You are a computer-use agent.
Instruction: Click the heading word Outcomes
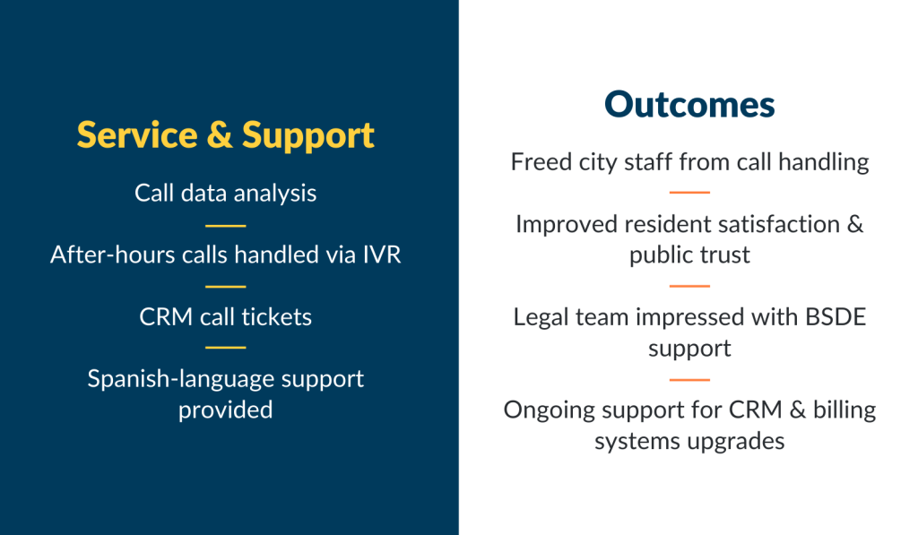689,105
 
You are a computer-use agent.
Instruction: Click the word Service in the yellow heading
137,135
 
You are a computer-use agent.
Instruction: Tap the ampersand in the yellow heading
220,135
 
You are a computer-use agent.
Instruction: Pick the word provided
225,410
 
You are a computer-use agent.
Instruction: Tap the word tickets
276,317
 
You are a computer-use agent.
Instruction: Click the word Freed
541,162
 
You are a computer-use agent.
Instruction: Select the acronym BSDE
836,317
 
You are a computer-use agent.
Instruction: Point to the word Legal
541,318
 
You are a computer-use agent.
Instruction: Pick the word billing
844,410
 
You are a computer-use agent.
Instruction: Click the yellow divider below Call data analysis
225,225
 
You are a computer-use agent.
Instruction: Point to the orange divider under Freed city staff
689,192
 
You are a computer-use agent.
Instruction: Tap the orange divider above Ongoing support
689,380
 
